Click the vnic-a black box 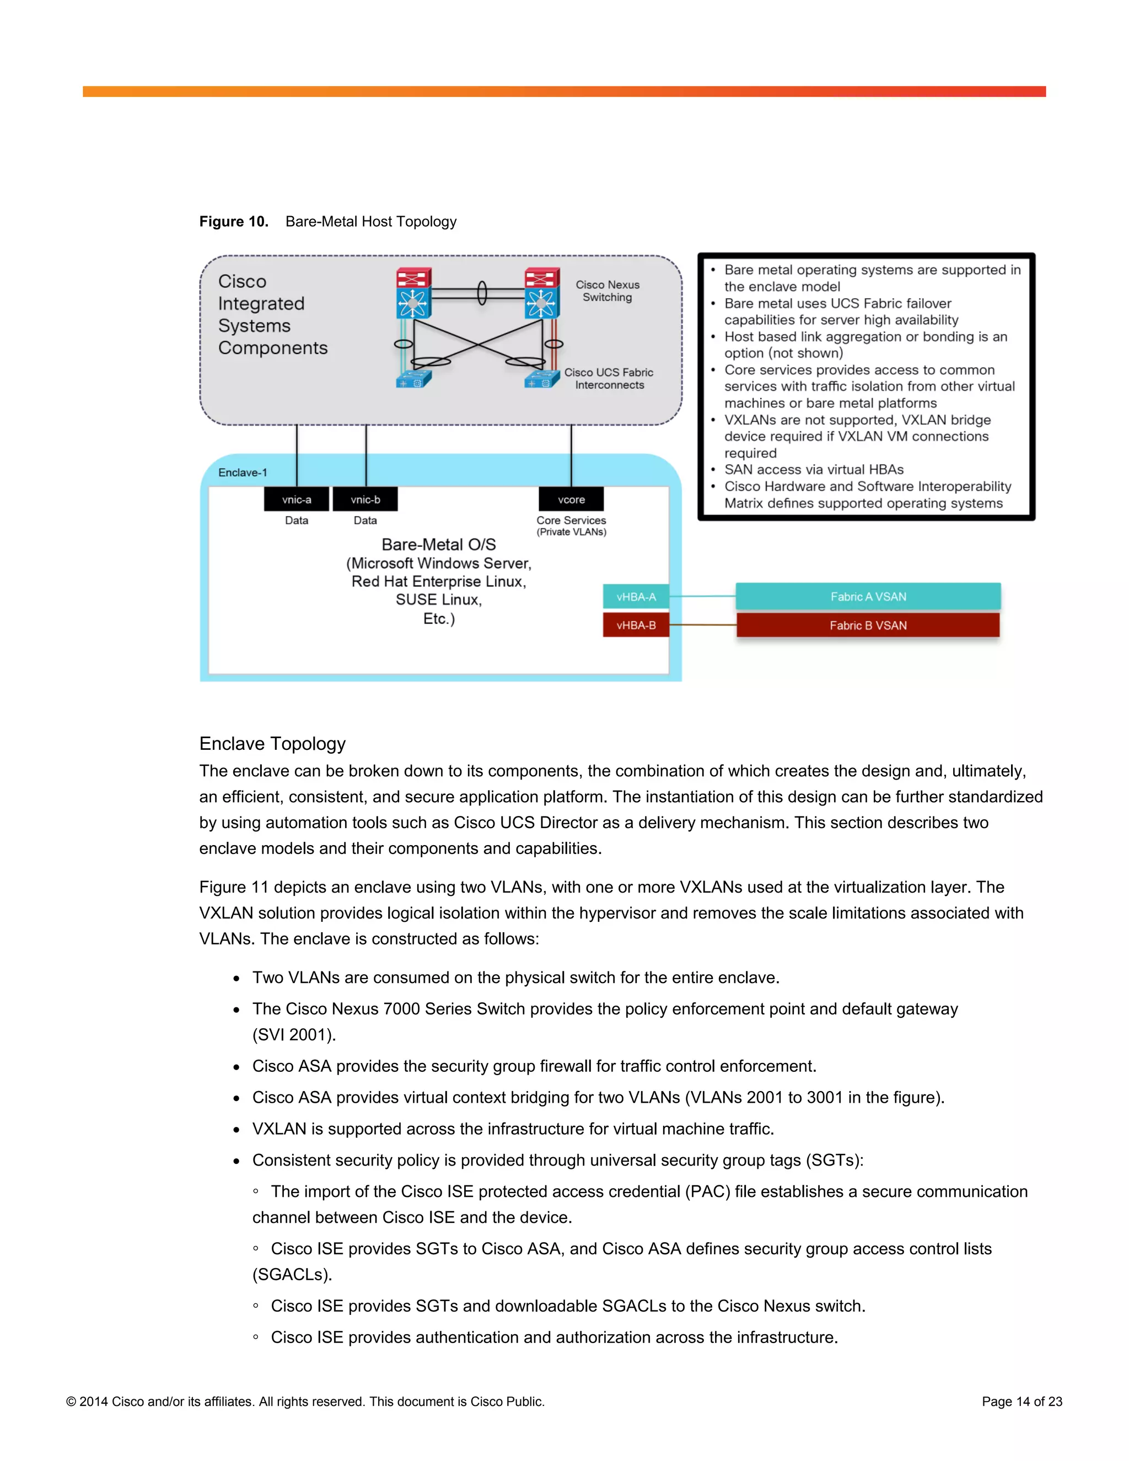(x=296, y=499)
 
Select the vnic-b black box (x=365, y=499)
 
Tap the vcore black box (x=571, y=499)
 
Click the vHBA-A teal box (x=636, y=597)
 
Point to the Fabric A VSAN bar (x=868, y=597)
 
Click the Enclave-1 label (x=243, y=472)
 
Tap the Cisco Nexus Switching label (x=607, y=291)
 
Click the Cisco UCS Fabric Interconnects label (x=609, y=379)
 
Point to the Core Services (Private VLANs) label (x=571, y=526)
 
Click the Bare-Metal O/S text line (x=439, y=545)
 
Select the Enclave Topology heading (x=272, y=744)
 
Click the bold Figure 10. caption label (x=233, y=222)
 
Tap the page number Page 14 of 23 (x=1022, y=1401)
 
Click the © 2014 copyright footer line (x=305, y=1401)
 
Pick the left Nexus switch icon (x=413, y=293)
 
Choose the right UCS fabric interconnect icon (x=542, y=379)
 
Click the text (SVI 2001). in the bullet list (x=294, y=1035)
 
